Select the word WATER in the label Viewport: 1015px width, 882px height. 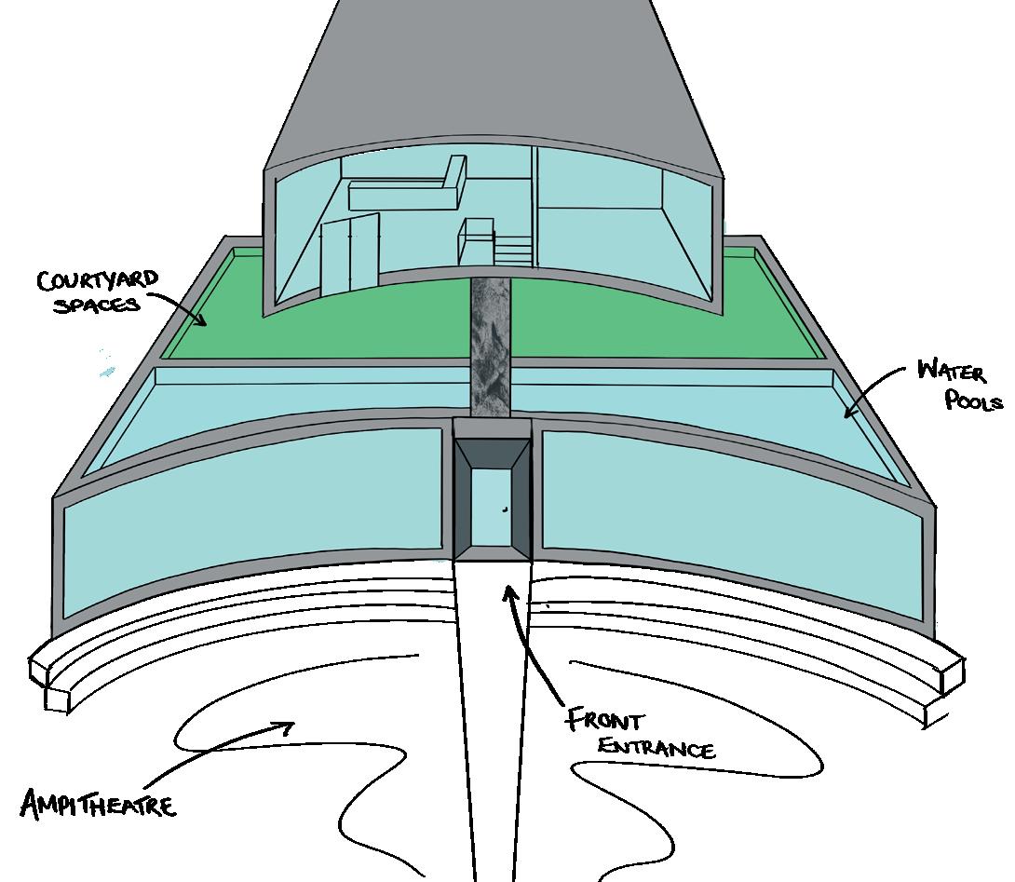949,371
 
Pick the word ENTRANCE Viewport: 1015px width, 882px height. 656,747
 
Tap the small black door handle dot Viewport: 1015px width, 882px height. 504,509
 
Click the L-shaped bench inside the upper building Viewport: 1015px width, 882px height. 410,191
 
